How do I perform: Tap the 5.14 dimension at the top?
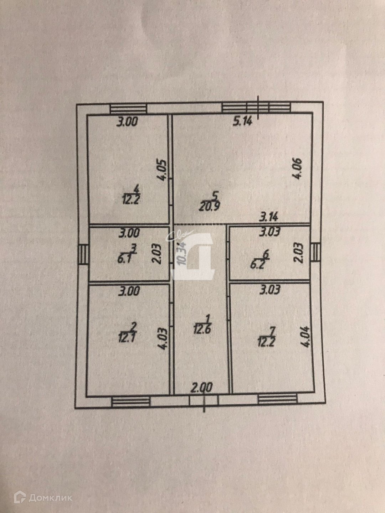[242, 121]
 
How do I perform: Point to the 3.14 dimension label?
[269, 216]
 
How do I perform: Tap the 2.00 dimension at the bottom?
[202, 387]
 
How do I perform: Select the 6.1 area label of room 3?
[124, 258]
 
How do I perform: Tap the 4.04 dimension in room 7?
[308, 337]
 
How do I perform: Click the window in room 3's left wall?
[83, 254]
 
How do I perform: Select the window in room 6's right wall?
[315, 253]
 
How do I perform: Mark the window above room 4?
[128, 108]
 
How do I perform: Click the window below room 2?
[131, 401]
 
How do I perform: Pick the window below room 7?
[277, 399]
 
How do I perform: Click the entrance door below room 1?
[203, 400]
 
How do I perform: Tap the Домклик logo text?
[50, 498]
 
